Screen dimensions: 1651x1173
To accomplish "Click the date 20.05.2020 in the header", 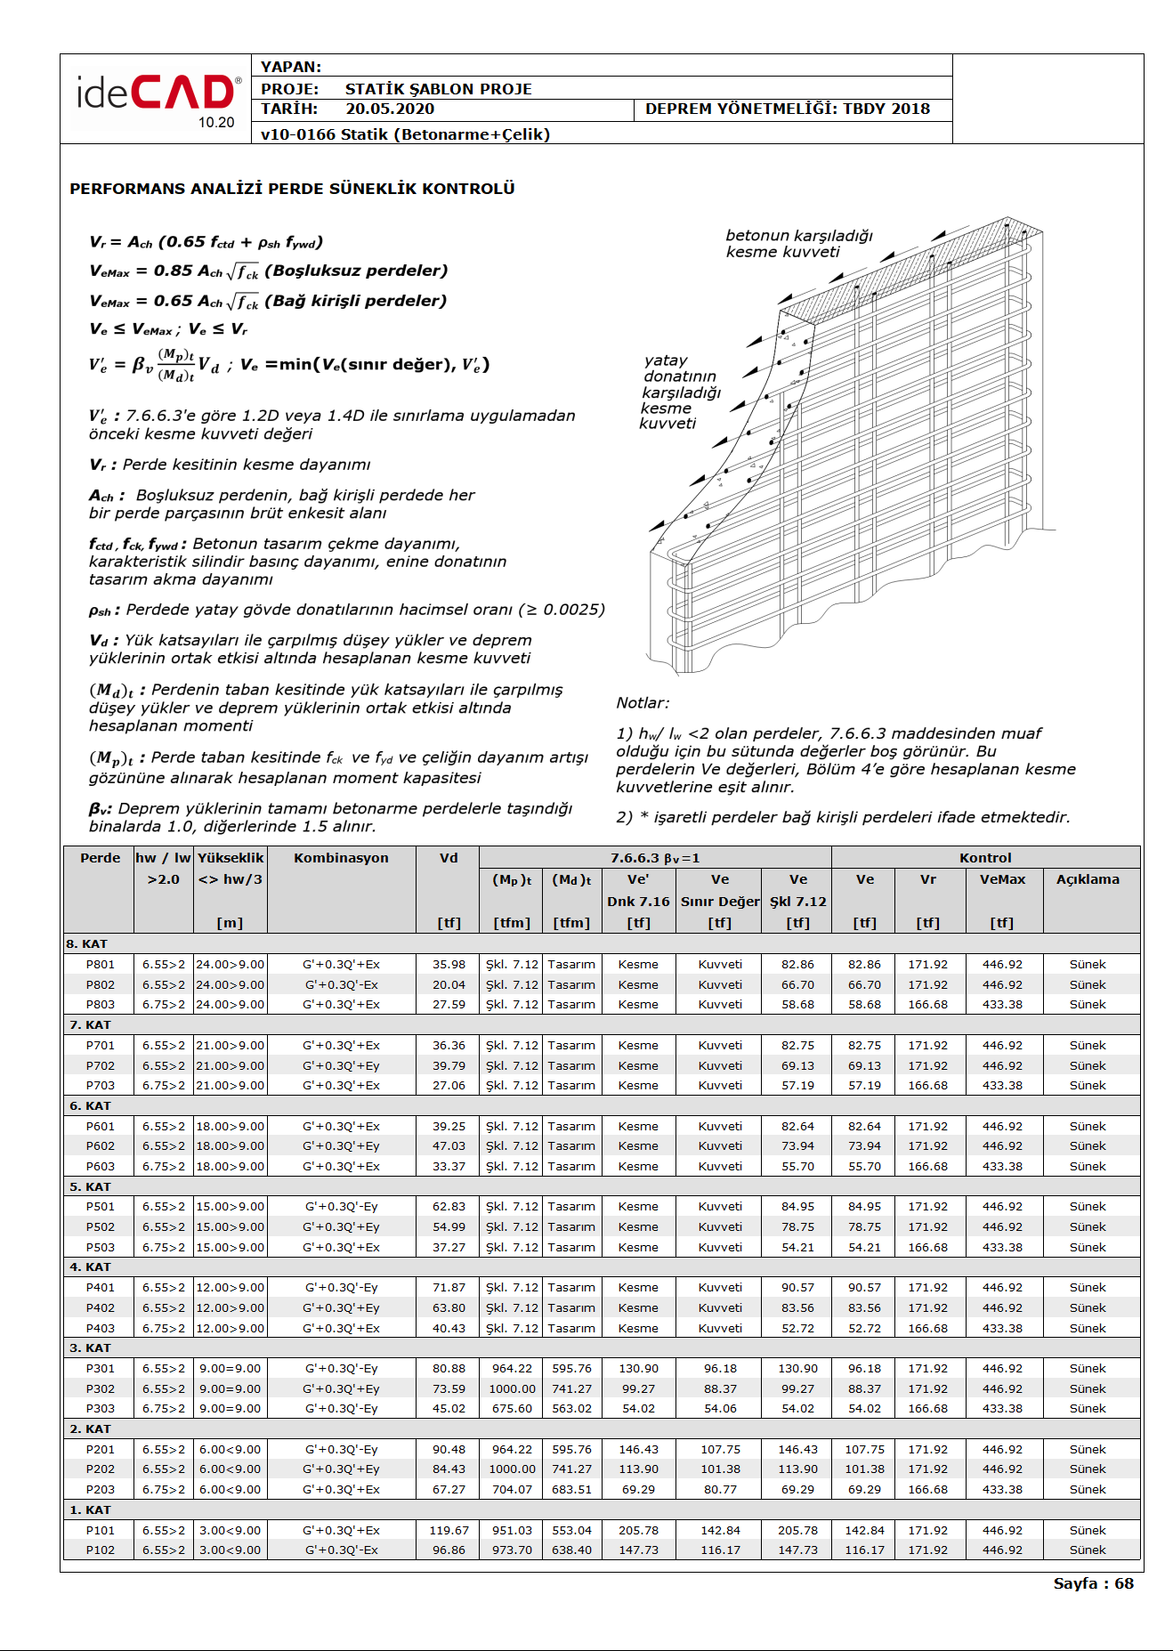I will coord(390,109).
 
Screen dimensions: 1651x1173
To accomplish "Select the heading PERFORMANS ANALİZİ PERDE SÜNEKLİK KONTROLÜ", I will coord(292,189).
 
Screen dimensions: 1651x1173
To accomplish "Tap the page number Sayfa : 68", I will coord(1093,1583).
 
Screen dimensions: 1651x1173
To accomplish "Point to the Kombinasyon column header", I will coord(341,858).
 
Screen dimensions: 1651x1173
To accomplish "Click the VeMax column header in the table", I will coord(1002,879).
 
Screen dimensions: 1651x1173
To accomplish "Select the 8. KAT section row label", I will coord(86,943).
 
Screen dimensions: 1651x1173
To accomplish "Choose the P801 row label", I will coord(100,965).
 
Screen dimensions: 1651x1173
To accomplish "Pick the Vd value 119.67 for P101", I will coord(449,1531).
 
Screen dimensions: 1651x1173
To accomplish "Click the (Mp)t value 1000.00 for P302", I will coord(512,1389).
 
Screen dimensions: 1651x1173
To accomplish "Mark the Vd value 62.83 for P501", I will coord(449,1207).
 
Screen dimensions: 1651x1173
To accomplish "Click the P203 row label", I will coord(100,1490).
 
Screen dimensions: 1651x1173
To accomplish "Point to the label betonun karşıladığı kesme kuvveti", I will coord(798,244).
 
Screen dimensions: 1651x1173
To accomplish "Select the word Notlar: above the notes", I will coord(643,703).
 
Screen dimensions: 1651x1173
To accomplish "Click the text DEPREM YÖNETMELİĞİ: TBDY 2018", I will coord(787,109).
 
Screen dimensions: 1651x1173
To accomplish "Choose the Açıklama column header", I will coord(1088,879).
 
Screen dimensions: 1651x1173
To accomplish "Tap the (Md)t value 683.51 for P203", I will coord(571,1490).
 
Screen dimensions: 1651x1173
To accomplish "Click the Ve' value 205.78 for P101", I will coord(638,1531).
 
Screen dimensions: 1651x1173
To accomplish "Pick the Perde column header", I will coord(100,858).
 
